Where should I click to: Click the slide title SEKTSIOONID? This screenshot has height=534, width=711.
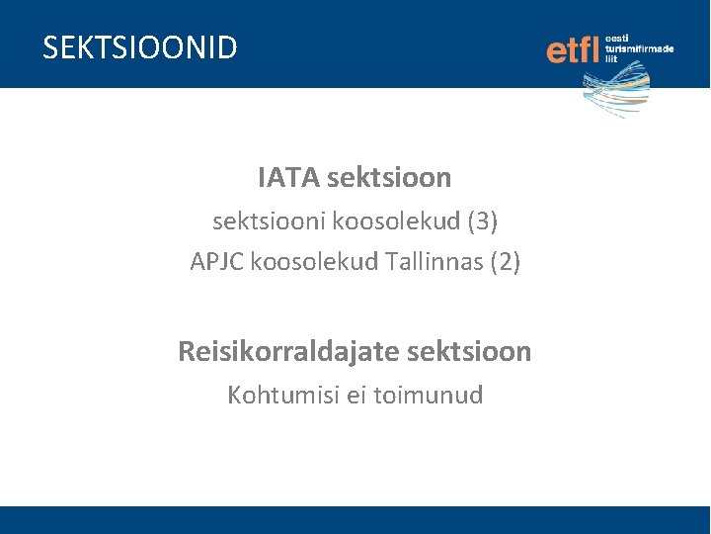140,47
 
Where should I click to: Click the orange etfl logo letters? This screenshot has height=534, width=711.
573,48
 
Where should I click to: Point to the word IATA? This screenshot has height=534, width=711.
287,178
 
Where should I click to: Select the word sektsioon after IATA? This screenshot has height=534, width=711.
388,178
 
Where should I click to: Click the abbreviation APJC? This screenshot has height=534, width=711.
217,262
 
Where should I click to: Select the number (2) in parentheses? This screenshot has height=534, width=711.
504,262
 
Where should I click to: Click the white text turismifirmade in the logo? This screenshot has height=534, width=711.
639,48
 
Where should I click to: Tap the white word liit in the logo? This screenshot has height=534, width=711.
611,59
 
